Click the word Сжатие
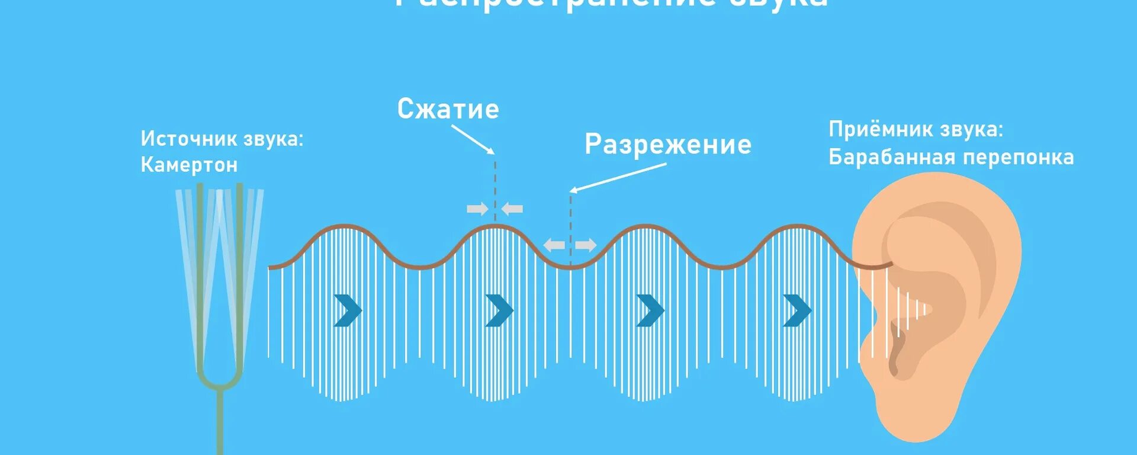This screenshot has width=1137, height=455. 448,110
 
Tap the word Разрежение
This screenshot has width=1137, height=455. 668,145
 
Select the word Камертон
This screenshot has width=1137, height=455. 189,165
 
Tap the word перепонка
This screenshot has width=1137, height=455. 1018,158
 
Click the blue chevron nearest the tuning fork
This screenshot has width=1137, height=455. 348,310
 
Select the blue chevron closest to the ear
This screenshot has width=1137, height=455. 797,310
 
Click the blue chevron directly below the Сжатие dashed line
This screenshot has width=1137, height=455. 499,310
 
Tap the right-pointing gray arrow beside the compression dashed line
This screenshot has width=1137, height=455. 477,209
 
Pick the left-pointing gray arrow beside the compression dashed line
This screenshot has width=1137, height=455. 512,209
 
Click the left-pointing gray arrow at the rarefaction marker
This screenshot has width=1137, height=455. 554,245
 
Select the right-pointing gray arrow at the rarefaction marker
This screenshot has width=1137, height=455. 586,245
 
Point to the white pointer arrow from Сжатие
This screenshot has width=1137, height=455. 473,140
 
